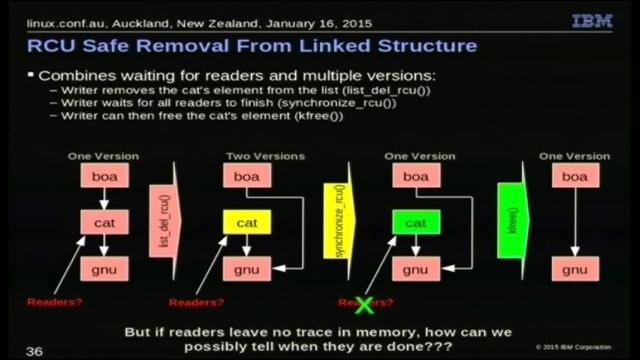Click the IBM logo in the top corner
(x=592, y=19)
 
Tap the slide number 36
(x=34, y=351)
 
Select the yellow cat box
(x=246, y=223)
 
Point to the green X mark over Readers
(x=352, y=301)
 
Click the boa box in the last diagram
(x=574, y=177)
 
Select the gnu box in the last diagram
(x=574, y=269)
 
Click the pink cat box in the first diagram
(x=103, y=223)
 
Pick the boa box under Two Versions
(x=246, y=177)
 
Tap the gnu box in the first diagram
(x=103, y=269)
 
